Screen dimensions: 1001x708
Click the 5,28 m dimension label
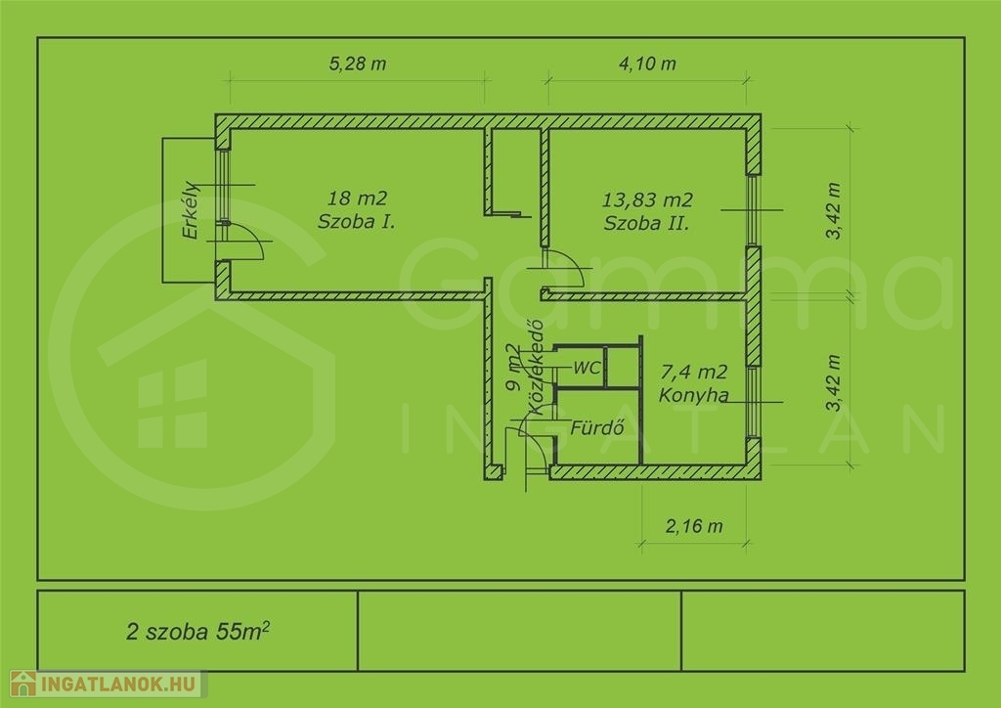point(358,64)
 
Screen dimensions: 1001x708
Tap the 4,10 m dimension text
point(647,64)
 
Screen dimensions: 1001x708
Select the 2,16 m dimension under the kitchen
point(694,526)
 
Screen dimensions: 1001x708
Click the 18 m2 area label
point(357,198)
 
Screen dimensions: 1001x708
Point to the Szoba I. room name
point(356,222)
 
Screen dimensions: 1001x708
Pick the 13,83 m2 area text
point(647,199)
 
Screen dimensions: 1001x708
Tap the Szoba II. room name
point(647,223)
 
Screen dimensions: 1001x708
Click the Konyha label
point(693,395)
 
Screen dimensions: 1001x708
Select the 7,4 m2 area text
point(694,372)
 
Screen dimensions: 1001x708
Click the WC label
point(587,368)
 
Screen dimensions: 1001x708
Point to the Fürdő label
point(597,427)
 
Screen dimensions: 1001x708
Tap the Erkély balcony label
point(191,210)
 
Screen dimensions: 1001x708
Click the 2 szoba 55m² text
point(197,631)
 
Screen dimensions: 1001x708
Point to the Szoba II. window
point(754,210)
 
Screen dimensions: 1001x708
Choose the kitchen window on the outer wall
point(754,402)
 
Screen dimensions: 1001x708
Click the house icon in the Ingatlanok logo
point(23,684)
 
